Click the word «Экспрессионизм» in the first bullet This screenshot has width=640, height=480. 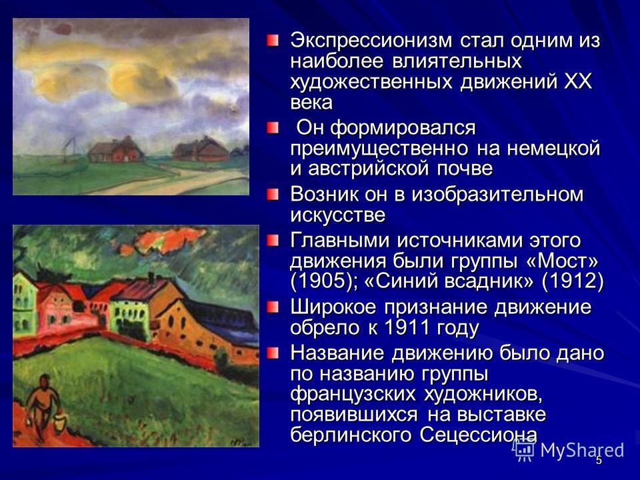[371, 41]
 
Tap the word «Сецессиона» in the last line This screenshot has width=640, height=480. [478, 435]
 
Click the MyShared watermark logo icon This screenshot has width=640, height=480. [524, 451]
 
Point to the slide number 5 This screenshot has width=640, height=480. [599, 461]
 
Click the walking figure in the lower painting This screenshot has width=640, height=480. [41, 408]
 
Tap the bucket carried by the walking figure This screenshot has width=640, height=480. [59, 423]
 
